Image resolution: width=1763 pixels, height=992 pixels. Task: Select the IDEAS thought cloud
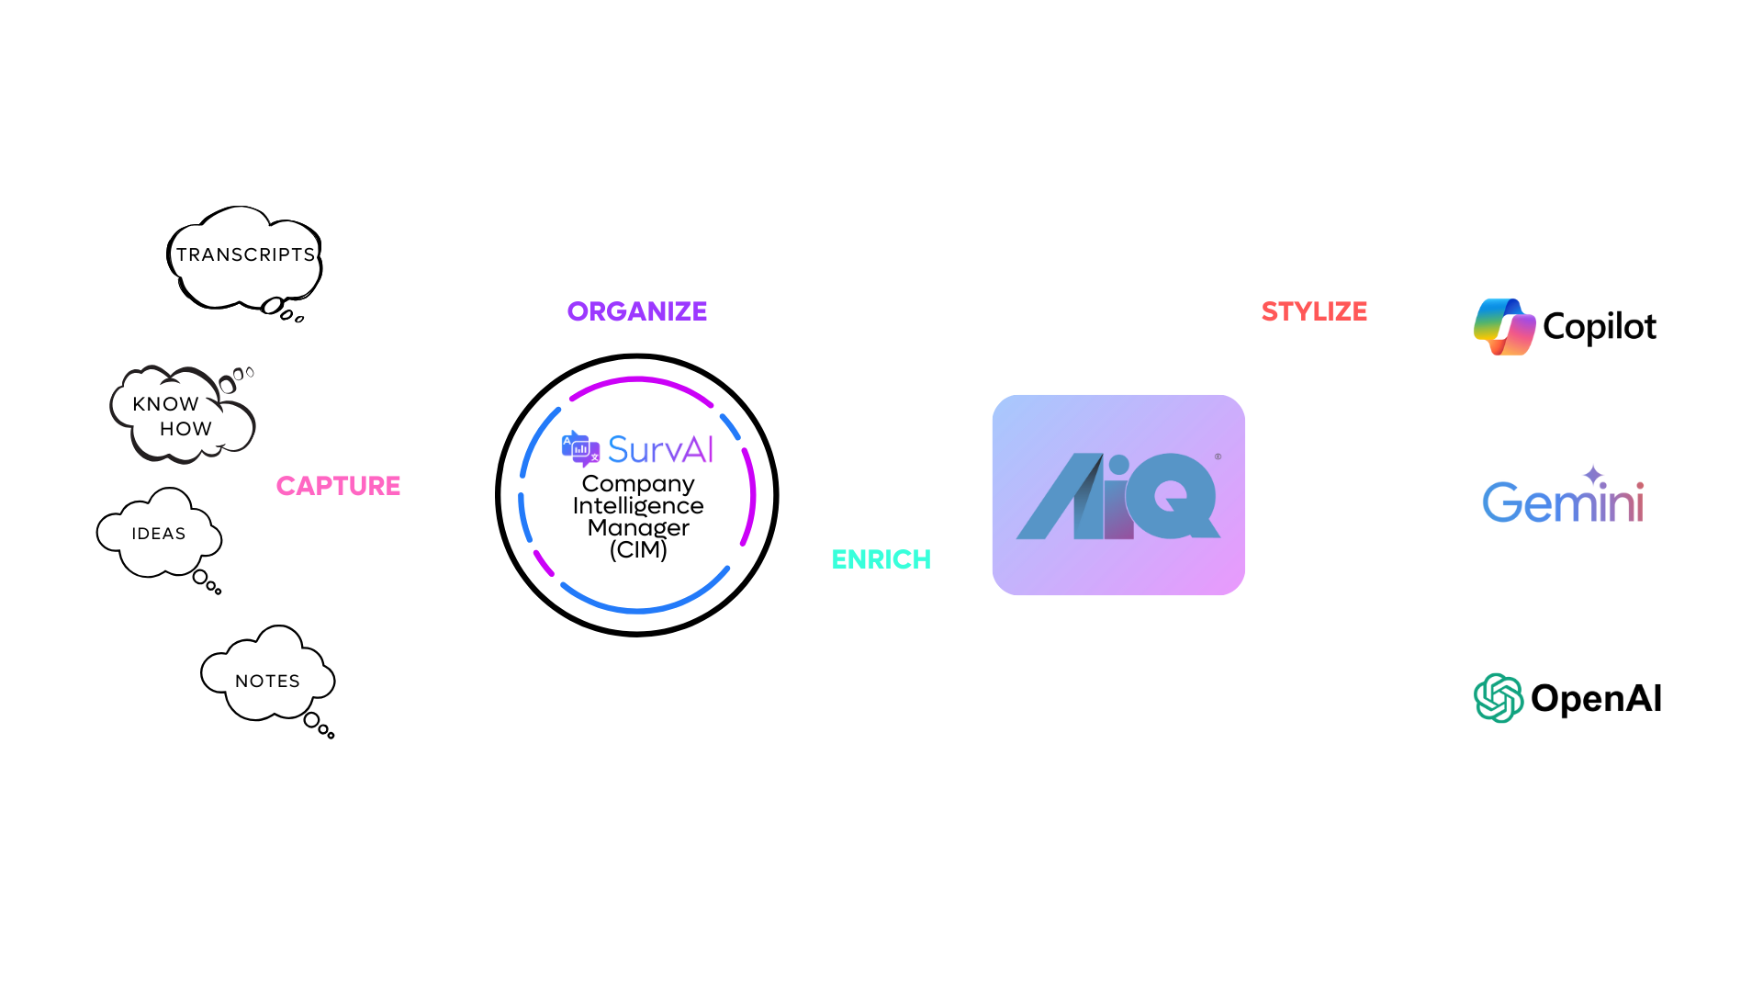click(x=159, y=534)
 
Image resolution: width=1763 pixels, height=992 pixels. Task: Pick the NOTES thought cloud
click(x=267, y=681)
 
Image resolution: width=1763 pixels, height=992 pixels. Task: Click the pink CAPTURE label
click(x=338, y=486)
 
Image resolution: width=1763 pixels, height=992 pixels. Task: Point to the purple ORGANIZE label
click(x=637, y=311)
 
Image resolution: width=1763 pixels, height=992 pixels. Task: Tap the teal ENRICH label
click(x=881, y=559)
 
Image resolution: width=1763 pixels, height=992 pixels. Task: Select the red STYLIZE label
click(x=1314, y=311)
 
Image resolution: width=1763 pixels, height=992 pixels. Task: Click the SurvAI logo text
click(x=660, y=450)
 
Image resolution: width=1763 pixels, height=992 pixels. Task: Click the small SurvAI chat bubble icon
click(x=580, y=448)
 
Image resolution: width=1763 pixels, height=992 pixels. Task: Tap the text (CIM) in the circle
click(x=638, y=550)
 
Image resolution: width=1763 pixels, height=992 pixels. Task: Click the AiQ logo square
click(x=1118, y=495)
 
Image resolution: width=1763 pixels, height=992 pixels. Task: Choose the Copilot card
click(x=1566, y=326)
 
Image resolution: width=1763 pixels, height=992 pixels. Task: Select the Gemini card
click(x=1566, y=503)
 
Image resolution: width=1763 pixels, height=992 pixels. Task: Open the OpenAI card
click(x=1566, y=698)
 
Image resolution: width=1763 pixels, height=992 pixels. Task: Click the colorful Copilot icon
click(x=1504, y=327)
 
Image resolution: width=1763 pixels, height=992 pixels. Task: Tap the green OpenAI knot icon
click(x=1499, y=698)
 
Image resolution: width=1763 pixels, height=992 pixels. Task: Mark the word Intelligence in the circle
click(x=638, y=506)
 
